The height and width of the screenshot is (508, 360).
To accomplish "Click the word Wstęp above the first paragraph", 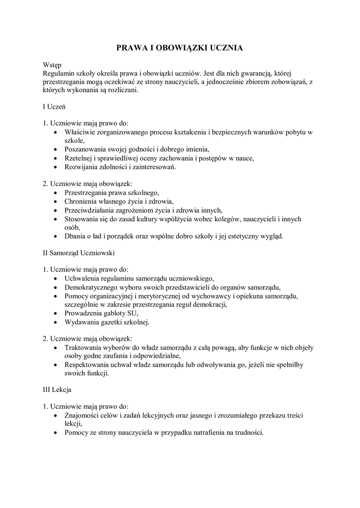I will [x=52, y=65].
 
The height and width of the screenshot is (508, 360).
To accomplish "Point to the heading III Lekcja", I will [x=58, y=390].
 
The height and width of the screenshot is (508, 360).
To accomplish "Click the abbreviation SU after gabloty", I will [x=133, y=314].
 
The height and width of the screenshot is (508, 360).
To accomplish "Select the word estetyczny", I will [x=240, y=236].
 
